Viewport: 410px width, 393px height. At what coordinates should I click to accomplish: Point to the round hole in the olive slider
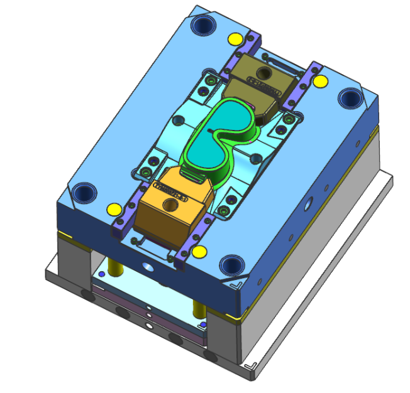click(262, 74)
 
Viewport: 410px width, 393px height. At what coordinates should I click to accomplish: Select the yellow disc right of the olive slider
click(321, 81)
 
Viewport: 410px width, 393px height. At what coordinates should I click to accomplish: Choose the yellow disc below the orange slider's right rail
click(200, 252)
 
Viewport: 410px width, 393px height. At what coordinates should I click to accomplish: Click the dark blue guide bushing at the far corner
click(204, 26)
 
